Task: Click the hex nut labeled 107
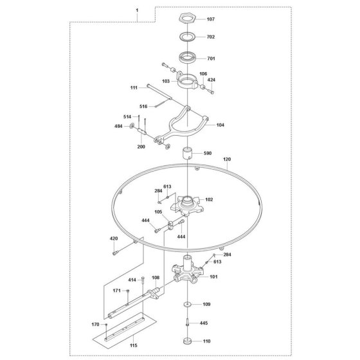click(187, 18)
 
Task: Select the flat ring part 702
click(187, 36)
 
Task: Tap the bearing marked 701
click(187, 57)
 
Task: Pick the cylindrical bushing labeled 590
click(187, 153)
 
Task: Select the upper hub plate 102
click(187, 205)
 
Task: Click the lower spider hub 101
click(187, 272)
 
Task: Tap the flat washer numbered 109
click(188, 305)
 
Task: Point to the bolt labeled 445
click(188, 322)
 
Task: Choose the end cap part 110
click(188, 341)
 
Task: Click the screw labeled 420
click(115, 253)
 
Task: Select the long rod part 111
click(159, 92)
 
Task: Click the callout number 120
click(227, 159)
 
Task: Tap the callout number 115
click(134, 345)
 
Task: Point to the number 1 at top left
click(137, 10)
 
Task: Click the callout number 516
click(143, 106)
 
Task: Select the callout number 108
click(156, 278)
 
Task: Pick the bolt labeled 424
click(212, 91)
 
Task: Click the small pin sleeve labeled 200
click(142, 132)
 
